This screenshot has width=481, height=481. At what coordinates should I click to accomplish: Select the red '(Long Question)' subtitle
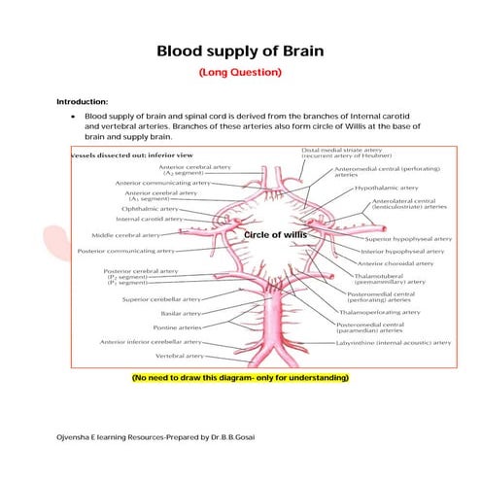tap(240, 72)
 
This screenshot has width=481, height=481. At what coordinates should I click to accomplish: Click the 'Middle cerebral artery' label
tap(125, 234)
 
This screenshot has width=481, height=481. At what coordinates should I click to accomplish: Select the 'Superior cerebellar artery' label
tap(149, 299)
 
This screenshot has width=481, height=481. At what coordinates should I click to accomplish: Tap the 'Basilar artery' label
tap(180, 314)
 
